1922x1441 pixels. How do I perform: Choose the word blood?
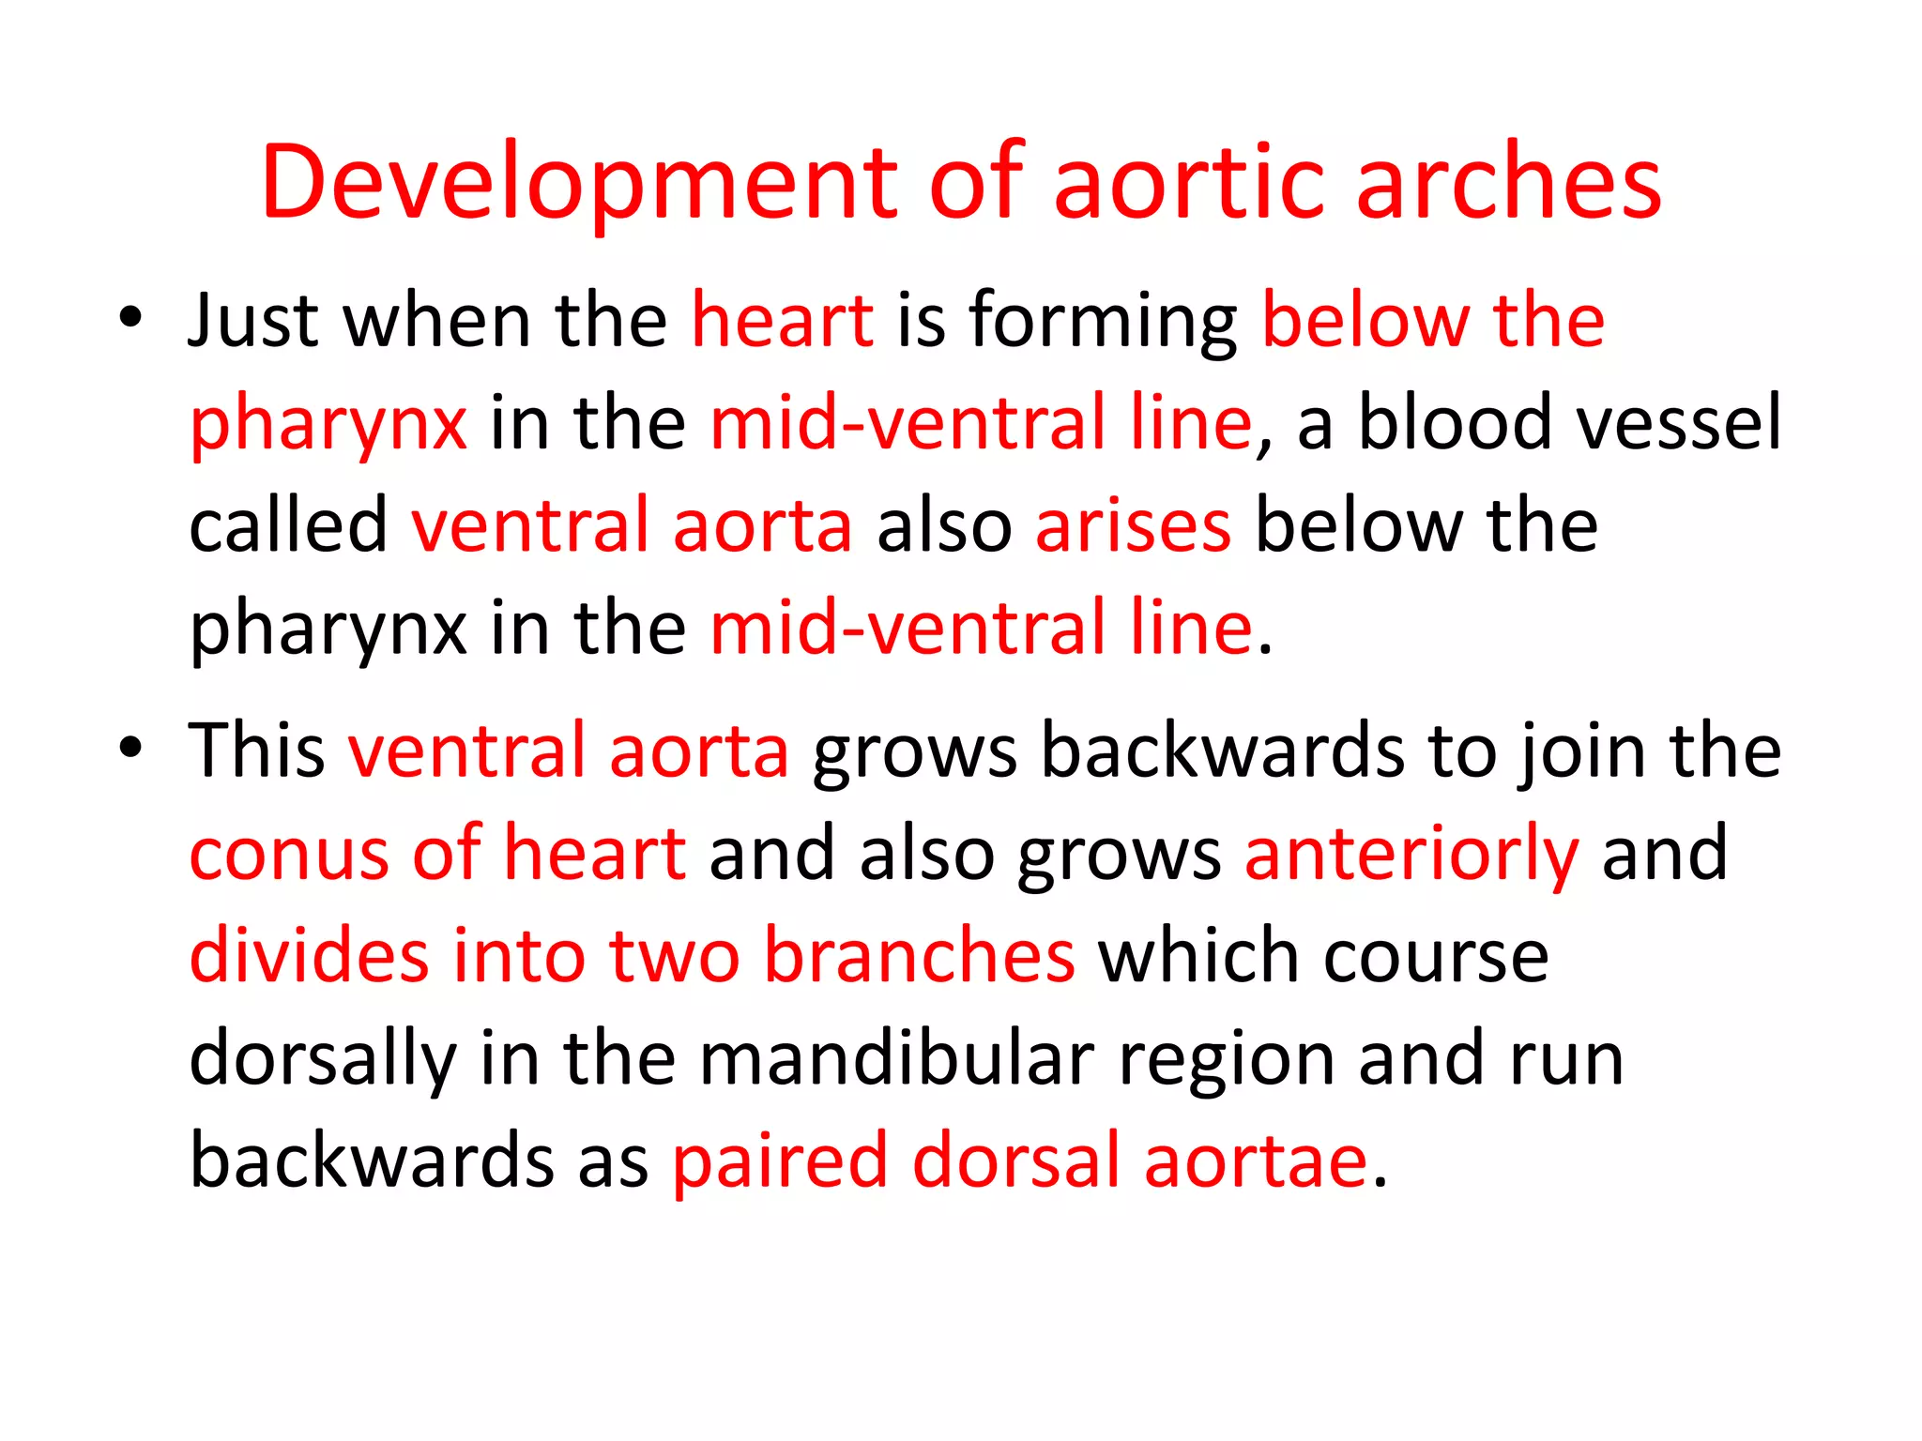(x=1455, y=422)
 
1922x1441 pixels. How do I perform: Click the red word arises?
(x=1133, y=525)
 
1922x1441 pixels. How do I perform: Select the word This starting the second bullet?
(x=256, y=751)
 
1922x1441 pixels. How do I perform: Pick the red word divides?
(x=309, y=955)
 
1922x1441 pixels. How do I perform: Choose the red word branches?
(x=919, y=955)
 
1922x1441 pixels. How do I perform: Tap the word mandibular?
(x=896, y=1058)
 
